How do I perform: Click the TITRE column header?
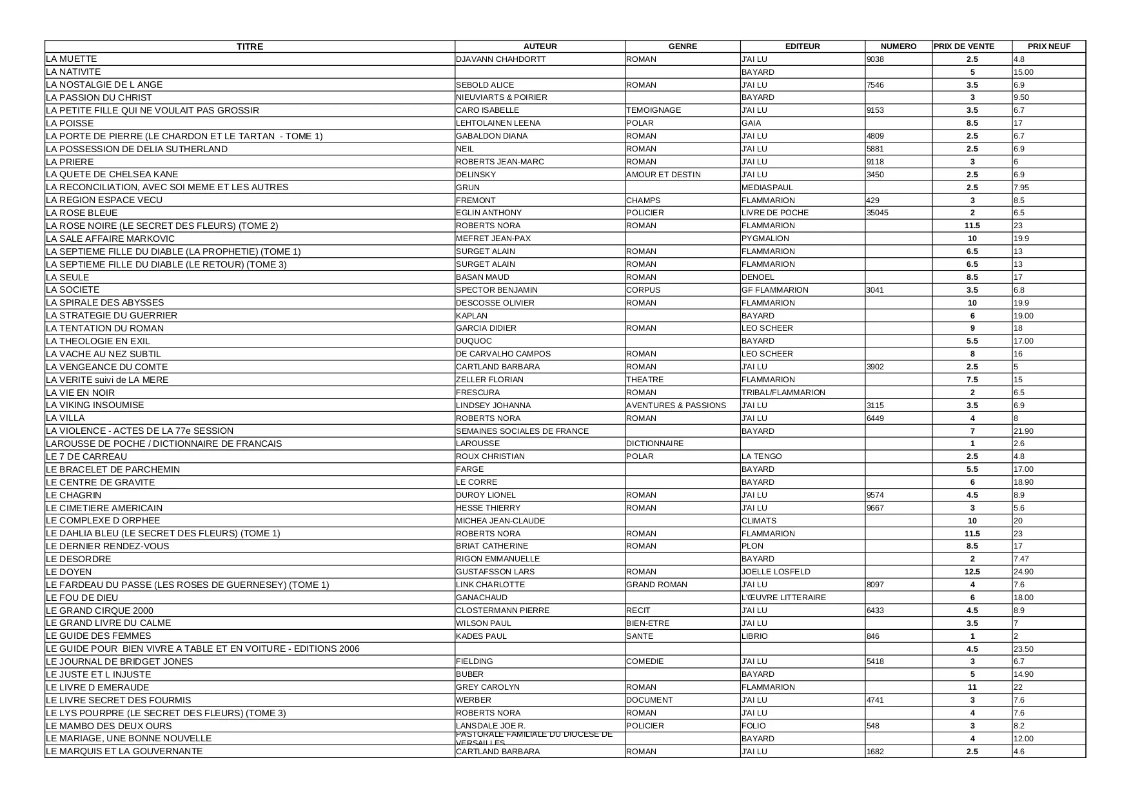[x=250, y=46]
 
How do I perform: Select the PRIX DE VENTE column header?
[x=964, y=46]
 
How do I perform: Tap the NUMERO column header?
[x=898, y=46]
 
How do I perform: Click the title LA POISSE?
[x=70, y=123]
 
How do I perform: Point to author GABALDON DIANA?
[x=491, y=136]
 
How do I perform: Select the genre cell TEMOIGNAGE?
[x=653, y=110]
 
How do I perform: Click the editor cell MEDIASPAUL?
[x=767, y=188]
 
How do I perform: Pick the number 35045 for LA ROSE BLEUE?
[x=877, y=213]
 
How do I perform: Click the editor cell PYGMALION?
[x=765, y=239]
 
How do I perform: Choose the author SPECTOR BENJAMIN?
[x=497, y=290]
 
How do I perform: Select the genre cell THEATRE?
[x=645, y=380]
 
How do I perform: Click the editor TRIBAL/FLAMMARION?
[x=783, y=393]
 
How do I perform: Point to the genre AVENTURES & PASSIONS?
[x=676, y=405]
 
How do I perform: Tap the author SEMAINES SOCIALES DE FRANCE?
[x=522, y=431]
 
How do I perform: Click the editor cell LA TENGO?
[x=762, y=456]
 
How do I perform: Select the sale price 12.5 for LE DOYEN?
[x=972, y=572]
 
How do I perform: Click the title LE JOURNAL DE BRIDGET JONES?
[x=119, y=661]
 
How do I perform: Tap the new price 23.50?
[x=1023, y=649]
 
